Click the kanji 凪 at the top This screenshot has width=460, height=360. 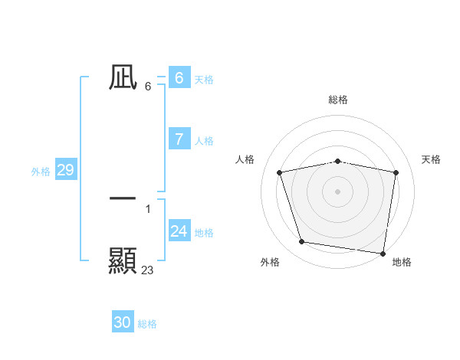pos(123,77)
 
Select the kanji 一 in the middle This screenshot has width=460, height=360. pos(123,198)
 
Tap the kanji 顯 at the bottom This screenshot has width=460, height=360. pos(123,260)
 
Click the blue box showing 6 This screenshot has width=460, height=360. pos(179,77)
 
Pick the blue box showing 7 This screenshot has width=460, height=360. pos(179,139)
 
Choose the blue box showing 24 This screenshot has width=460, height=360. pos(179,231)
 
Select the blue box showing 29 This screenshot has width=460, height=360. pos(65,170)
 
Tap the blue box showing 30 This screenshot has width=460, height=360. pos(123,322)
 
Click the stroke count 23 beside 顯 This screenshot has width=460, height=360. pos(148,270)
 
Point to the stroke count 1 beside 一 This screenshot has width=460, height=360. pos(148,208)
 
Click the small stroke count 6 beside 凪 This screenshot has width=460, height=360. pos(148,87)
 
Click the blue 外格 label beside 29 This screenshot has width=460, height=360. pos(41,172)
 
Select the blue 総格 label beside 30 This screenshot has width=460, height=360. pos(147,324)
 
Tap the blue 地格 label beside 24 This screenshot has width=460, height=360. pos(204,233)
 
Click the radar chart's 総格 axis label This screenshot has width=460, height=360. pos(338,100)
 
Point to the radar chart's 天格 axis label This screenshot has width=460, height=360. pos(432,159)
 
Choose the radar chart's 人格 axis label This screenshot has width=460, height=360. pos(245,159)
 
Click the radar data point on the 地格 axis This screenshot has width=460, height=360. pos(383,253)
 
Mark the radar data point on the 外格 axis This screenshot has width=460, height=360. pos(302,242)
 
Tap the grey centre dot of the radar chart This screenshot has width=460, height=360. pos(338,191)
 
